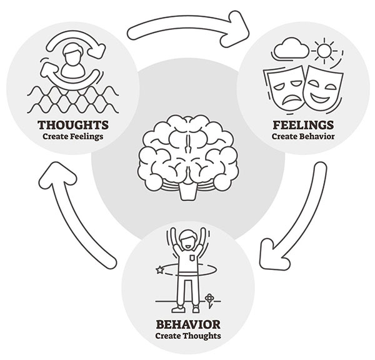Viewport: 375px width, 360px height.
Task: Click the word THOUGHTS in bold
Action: (73, 125)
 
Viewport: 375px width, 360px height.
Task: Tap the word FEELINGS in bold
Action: (303, 125)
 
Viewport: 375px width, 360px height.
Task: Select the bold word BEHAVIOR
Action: (188, 324)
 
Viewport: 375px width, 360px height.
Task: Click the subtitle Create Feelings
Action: (73, 137)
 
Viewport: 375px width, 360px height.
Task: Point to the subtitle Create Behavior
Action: (303, 136)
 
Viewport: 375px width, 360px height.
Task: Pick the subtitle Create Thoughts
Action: (188, 336)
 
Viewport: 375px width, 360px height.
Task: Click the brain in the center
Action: (188, 157)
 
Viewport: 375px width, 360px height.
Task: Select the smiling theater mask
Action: (323, 86)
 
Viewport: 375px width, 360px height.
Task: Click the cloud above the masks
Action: (291, 48)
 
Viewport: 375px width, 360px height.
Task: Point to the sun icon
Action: (324, 51)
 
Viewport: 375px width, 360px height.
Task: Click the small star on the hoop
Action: (160, 270)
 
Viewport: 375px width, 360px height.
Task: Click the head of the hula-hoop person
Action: (187, 240)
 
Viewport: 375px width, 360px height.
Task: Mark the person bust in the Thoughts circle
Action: (72, 61)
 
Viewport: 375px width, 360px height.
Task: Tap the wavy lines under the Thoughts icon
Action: (72, 99)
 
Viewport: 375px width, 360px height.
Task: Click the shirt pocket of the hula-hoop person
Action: (192, 258)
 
